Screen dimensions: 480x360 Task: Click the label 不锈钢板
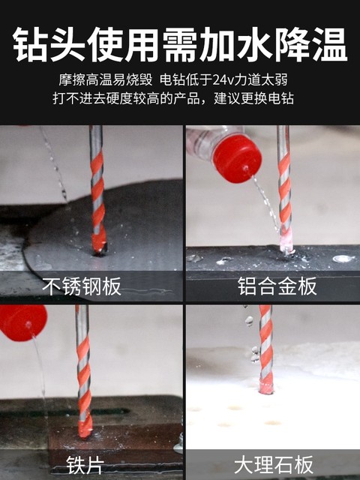82,286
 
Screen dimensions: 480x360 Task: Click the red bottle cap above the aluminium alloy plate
236,157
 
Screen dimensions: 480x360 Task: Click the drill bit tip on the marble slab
266,387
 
